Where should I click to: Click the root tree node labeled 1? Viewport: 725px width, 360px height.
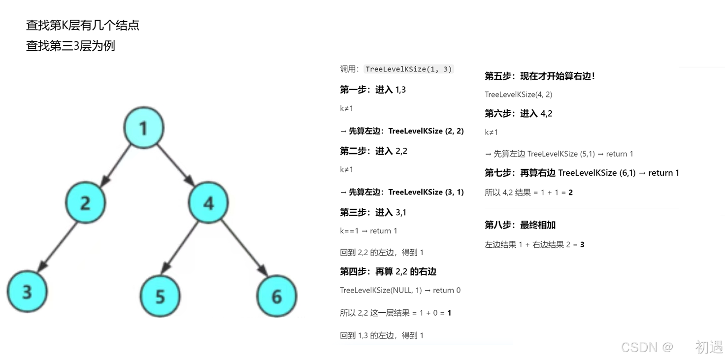(x=143, y=128)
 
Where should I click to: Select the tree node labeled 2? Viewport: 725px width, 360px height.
(x=85, y=202)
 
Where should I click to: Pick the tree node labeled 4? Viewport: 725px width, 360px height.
(x=209, y=202)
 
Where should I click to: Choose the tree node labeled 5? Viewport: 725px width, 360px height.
(x=160, y=296)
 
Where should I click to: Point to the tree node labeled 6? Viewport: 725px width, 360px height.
(x=277, y=295)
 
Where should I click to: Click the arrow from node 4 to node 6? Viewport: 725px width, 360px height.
(x=243, y=247)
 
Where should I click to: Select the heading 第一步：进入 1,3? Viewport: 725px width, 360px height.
(x=373, y=90)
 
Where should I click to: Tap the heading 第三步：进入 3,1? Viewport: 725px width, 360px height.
(x=373, y=212)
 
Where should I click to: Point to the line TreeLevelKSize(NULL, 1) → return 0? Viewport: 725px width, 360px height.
(x=400, y=290)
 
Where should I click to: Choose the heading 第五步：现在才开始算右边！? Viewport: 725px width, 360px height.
(x=540, y=76)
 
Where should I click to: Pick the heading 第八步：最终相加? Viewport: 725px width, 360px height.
(x=520, y=225)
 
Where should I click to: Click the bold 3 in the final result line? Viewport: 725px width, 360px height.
(x=582, y=244)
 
